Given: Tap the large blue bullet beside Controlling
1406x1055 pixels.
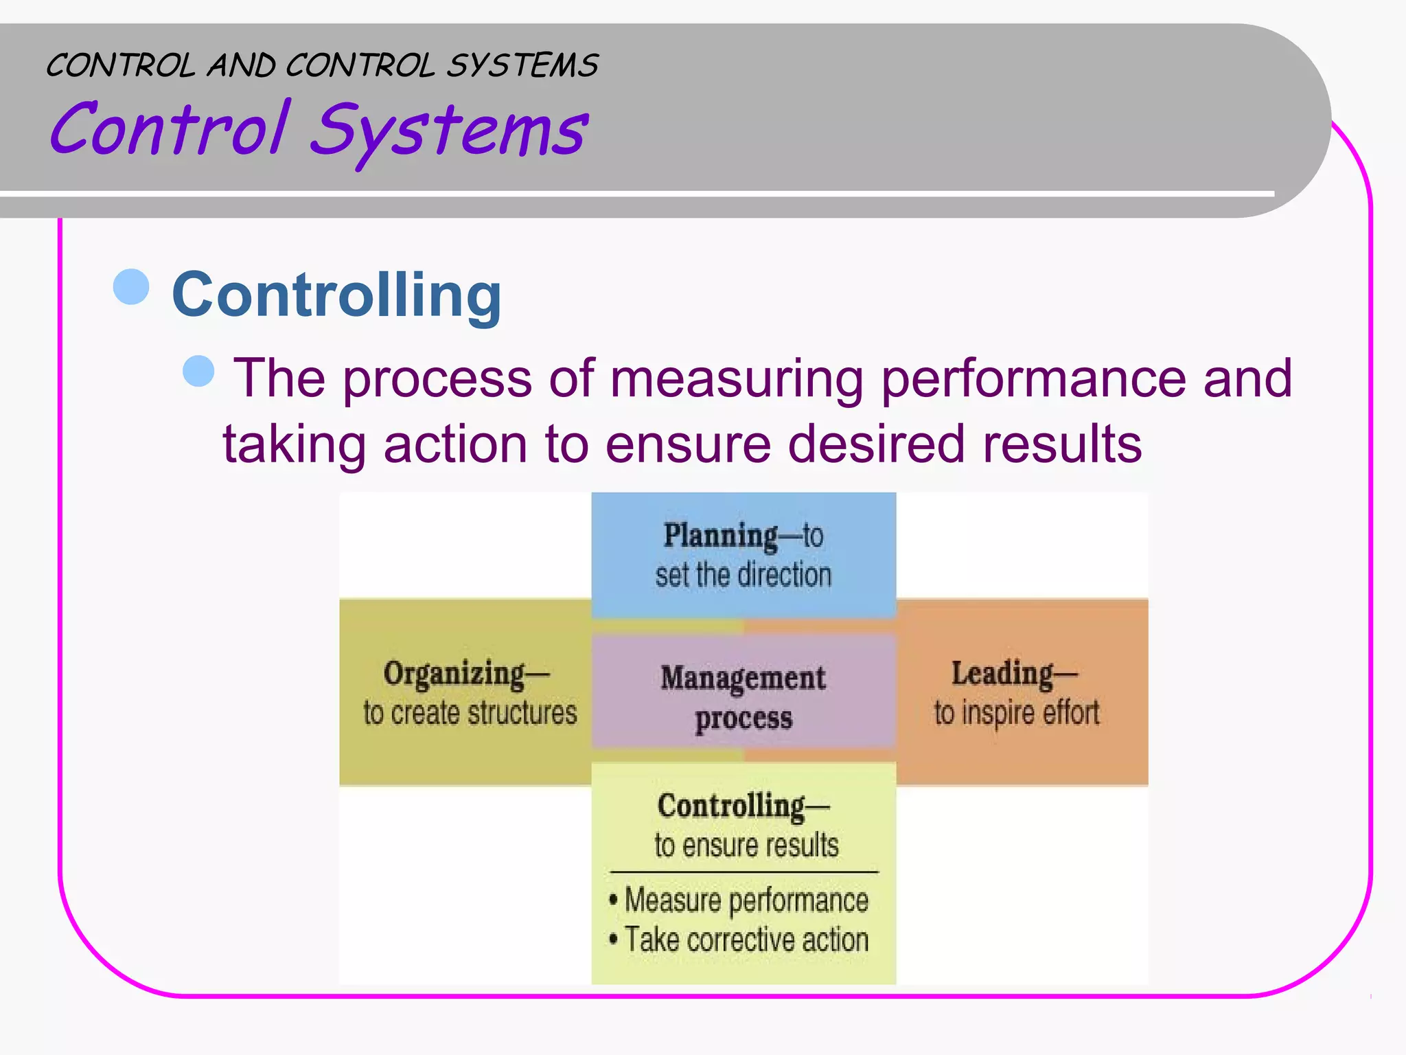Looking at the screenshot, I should coord(131,286).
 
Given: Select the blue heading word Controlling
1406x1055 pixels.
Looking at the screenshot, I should coord(336,295).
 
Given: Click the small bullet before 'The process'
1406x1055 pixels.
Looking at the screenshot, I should coord(199,372).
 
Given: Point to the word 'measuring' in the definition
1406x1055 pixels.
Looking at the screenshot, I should coord(736,378).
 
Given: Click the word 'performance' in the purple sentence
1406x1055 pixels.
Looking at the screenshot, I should coord(1033,378).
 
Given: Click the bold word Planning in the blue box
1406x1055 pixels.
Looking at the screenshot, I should coord(720,536).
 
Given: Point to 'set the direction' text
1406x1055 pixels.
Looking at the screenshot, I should coord(743,575).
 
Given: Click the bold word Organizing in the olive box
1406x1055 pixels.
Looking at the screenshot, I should coord(454,674).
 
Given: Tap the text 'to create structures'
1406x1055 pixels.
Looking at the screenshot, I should coord(470,714).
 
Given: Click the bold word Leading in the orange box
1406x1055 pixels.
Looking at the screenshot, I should coord(1002,673).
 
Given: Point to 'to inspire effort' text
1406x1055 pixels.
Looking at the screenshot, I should coord(1017,714).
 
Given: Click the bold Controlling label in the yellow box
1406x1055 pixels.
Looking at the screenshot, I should coord(732,806).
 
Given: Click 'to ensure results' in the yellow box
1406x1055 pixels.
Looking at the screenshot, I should coord(746,846).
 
